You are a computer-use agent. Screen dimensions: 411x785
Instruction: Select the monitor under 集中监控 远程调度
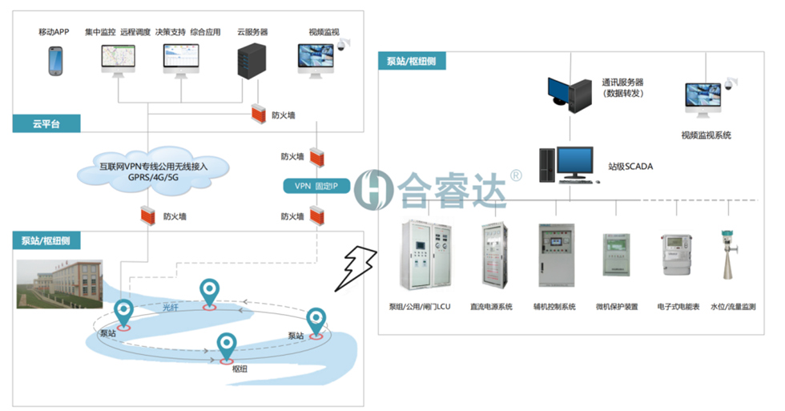coord(118,60)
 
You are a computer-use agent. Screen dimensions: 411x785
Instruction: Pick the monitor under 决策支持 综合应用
coord(180,60)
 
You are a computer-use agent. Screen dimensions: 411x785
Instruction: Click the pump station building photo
coord(59,284)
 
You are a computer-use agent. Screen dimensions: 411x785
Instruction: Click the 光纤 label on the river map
coord(171,307)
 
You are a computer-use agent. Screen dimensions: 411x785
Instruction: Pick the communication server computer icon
coord(568,94)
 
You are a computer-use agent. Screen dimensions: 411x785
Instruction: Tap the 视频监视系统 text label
coord(706,135)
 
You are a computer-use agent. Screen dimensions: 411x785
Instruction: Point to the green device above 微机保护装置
coord(617,256)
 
